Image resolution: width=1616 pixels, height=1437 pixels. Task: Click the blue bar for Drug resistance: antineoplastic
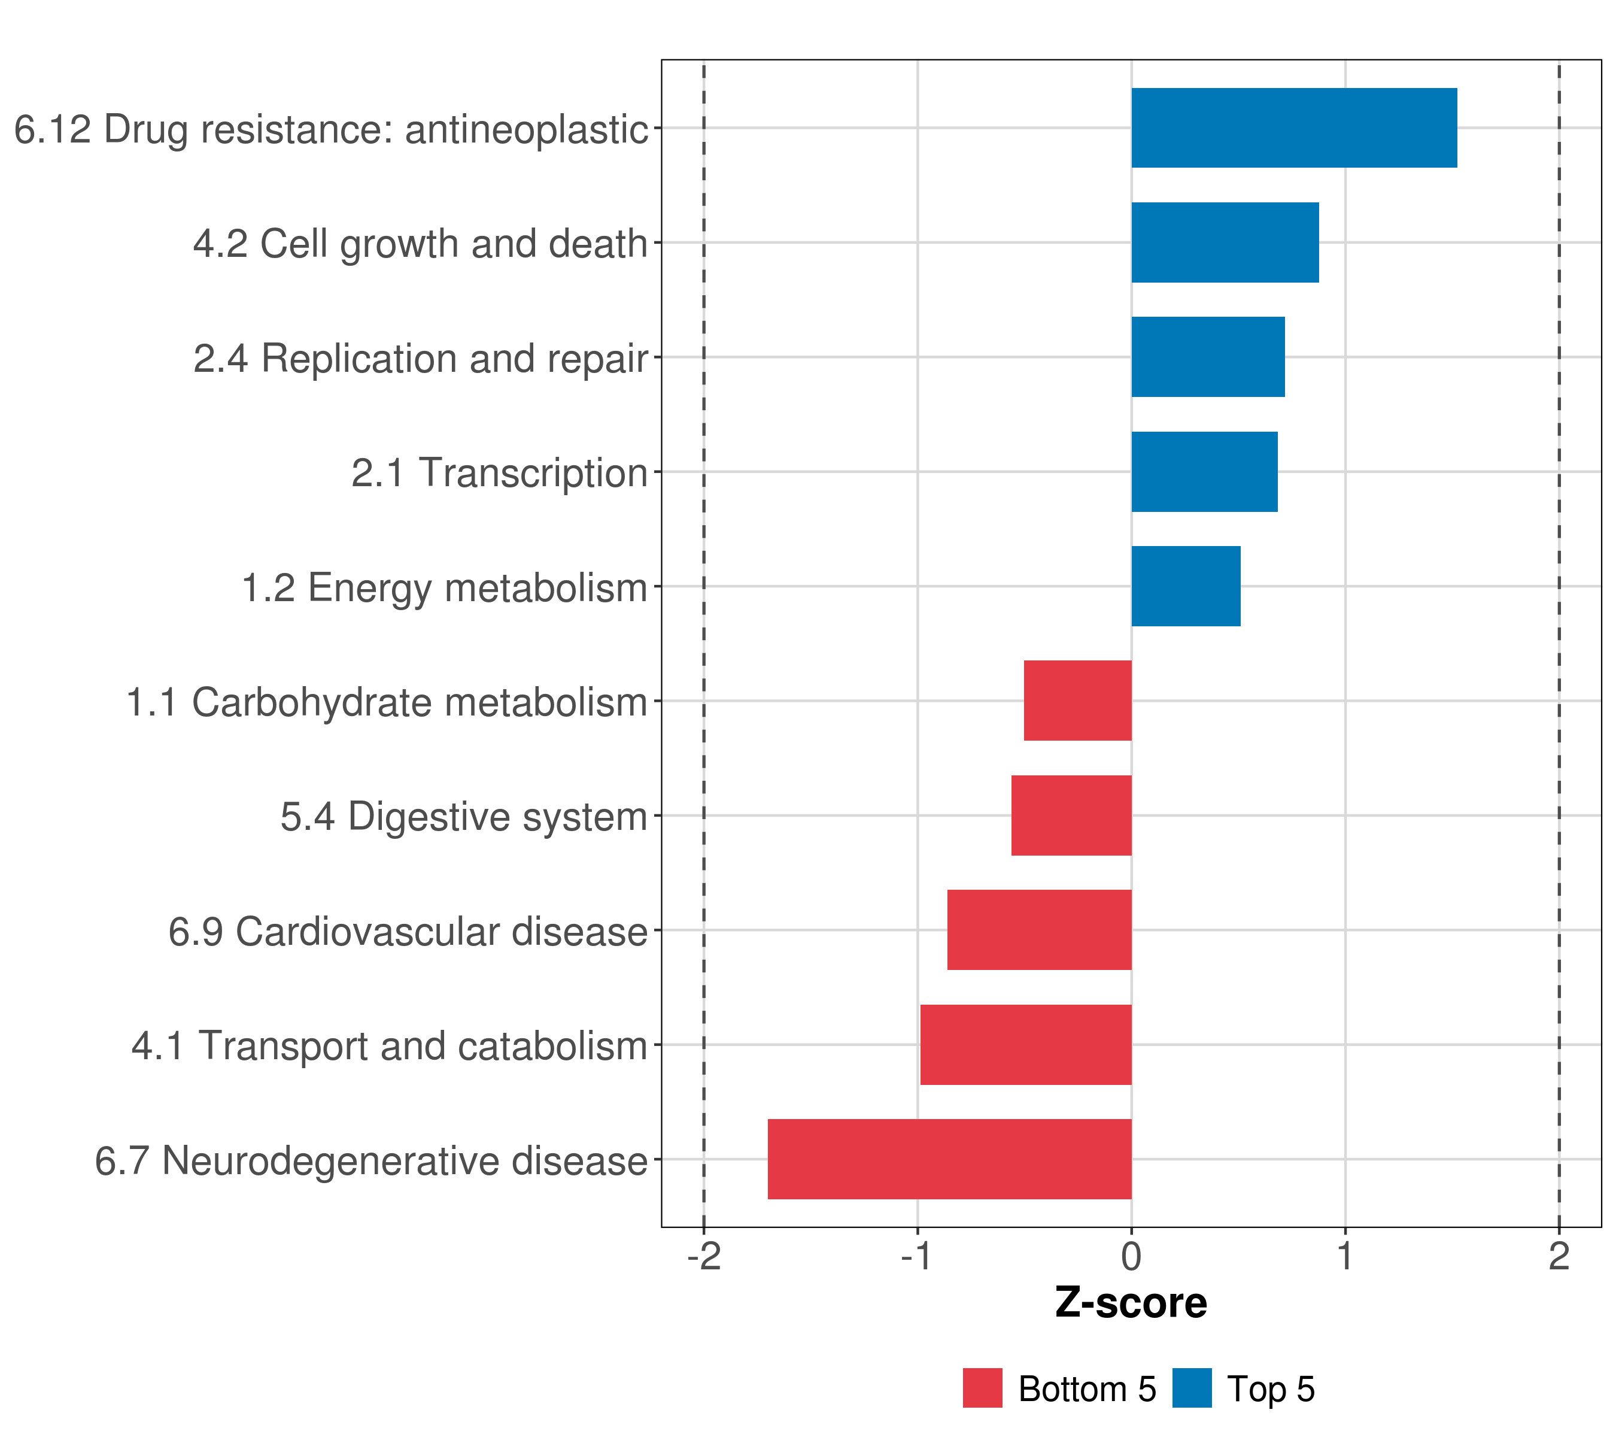click(1293, 128)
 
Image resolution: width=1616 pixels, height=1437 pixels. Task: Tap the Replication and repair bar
click(1207, 357)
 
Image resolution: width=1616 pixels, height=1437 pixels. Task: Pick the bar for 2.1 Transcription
click(1204, 471)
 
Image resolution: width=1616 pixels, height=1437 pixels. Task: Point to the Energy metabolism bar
click(1185, 586)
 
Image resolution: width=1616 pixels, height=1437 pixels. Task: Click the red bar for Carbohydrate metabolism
click(1077, 701)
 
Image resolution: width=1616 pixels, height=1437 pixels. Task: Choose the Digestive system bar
click(1071, 815)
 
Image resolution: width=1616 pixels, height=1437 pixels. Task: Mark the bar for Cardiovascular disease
click(1039, 930)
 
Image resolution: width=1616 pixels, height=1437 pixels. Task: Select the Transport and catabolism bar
click(1025, 1045)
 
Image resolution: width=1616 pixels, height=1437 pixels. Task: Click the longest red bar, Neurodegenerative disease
click(949, 1159)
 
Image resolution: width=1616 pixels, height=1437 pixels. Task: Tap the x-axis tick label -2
click(704, 1257)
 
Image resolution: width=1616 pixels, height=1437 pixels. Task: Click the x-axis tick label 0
click(1131, 1257)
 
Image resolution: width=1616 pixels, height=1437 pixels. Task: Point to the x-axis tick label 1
click(1345, 1257)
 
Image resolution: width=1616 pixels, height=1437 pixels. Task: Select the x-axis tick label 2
click(1559, 1257)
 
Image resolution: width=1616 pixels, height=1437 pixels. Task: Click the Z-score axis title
click(1131, 1303)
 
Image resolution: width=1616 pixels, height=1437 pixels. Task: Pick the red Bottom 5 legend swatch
click(982, 1389)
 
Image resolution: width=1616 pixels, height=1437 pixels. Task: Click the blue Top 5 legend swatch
click(1192, 1389)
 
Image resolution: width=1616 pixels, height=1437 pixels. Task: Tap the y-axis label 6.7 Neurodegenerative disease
click(372, 1161)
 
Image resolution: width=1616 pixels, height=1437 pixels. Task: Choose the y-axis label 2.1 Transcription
click(500, 473)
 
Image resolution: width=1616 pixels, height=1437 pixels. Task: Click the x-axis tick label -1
click(917, 1257)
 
